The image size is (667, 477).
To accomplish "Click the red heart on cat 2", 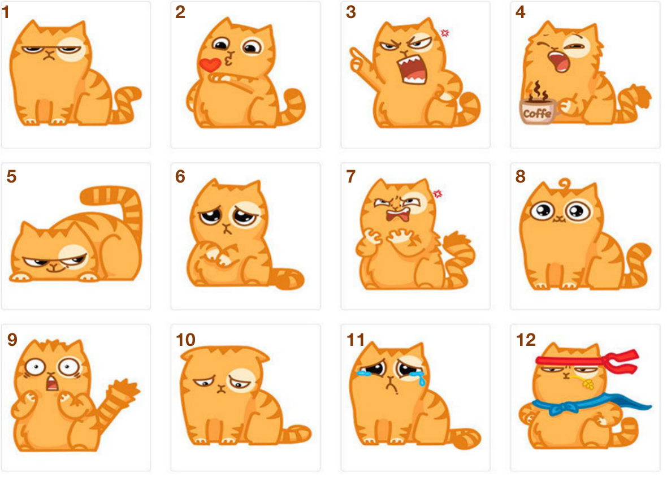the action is (210, 64).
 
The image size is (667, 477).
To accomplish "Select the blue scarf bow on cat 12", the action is (561, 406).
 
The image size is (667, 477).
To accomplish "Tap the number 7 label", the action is (350, 176).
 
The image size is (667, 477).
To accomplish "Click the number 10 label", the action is (185, 340).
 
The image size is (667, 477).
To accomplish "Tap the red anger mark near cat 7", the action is (438, 194).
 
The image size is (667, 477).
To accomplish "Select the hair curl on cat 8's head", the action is (565, 184).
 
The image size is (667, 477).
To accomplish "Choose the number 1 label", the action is (6, 12).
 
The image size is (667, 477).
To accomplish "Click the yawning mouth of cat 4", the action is (558, 61).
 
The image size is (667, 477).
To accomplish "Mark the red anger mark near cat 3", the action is (445, 33).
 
